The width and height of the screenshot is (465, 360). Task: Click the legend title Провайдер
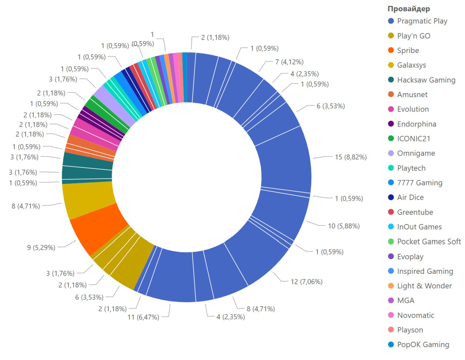click(408, 9)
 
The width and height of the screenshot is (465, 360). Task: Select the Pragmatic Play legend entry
click(422, 21)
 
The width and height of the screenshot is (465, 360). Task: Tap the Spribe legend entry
click(408, 51)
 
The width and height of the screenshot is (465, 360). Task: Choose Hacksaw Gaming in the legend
click(426, 80)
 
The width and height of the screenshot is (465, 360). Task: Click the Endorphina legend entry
click(416, 124)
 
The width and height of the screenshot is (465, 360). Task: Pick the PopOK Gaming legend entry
click(423, 344)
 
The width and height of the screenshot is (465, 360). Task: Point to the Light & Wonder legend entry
click(424, 286)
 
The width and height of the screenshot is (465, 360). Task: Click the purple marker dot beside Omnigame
click(391, 153)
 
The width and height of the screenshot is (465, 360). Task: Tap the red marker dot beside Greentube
click(391, 212)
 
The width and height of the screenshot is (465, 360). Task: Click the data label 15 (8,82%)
click(351, 157)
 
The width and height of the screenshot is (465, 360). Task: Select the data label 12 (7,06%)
click(306, 281)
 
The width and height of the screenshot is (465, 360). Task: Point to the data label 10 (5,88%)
click(344, 226)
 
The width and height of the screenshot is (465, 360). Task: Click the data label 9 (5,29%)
click(41, 248)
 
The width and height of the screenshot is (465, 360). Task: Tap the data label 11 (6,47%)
click(143, 317)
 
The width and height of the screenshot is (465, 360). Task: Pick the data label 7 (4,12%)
click(289, 62)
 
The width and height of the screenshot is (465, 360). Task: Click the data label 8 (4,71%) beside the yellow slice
click(25, 206)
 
